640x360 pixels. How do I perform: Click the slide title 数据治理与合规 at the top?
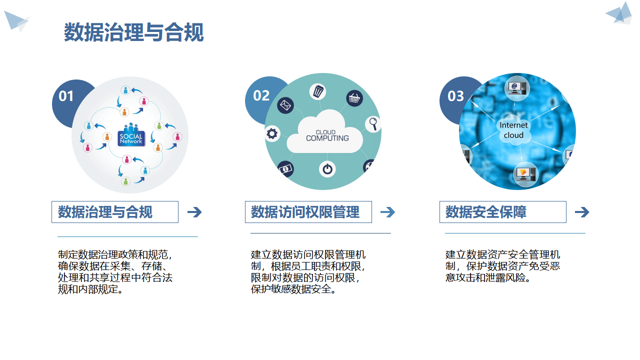click(133, 32)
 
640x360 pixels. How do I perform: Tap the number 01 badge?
click(66, 96)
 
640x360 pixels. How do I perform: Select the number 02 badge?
click(261, 95)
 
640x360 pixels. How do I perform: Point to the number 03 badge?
click(455, 95)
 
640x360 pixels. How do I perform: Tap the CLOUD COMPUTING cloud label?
click(327, 135)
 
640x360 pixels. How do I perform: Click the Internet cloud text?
click(513, 130)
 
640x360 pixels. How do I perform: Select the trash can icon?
click(318, 91)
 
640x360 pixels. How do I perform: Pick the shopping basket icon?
click(354, 98)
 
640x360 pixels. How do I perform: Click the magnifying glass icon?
click(373, 123)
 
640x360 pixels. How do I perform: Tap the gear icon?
click(272, 133)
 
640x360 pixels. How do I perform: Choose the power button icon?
click(327, 169)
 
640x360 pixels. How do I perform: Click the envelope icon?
click(285, 105)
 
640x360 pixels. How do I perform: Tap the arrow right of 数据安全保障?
click(582, 212)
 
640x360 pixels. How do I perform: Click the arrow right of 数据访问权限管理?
click(387, 212)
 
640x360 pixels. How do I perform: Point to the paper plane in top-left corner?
click(16, 20)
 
